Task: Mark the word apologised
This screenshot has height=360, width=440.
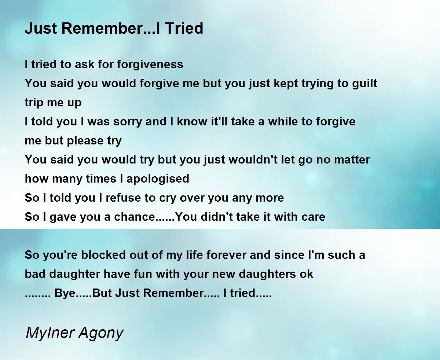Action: coord(158,179)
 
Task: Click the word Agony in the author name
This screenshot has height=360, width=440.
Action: coord(101,333)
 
